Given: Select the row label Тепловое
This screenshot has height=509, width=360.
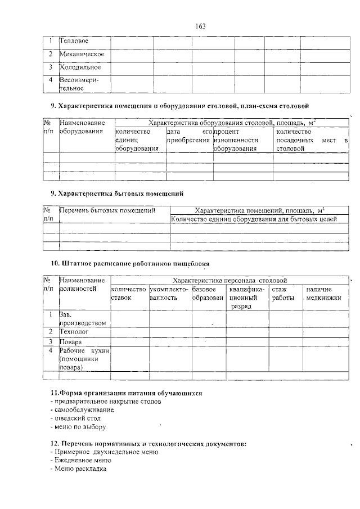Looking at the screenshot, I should click(x=74, y=41).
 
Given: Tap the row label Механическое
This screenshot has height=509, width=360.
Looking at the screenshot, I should click(x=82, y=54).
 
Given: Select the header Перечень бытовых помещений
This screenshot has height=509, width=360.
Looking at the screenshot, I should click(x=107, y=210).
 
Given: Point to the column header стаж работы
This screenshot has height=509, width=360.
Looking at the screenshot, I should click(x=283, y=293).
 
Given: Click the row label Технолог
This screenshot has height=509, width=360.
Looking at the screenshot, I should click(x=75, y=332).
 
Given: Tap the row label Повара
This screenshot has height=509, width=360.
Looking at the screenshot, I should click(x=71, y=341).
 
